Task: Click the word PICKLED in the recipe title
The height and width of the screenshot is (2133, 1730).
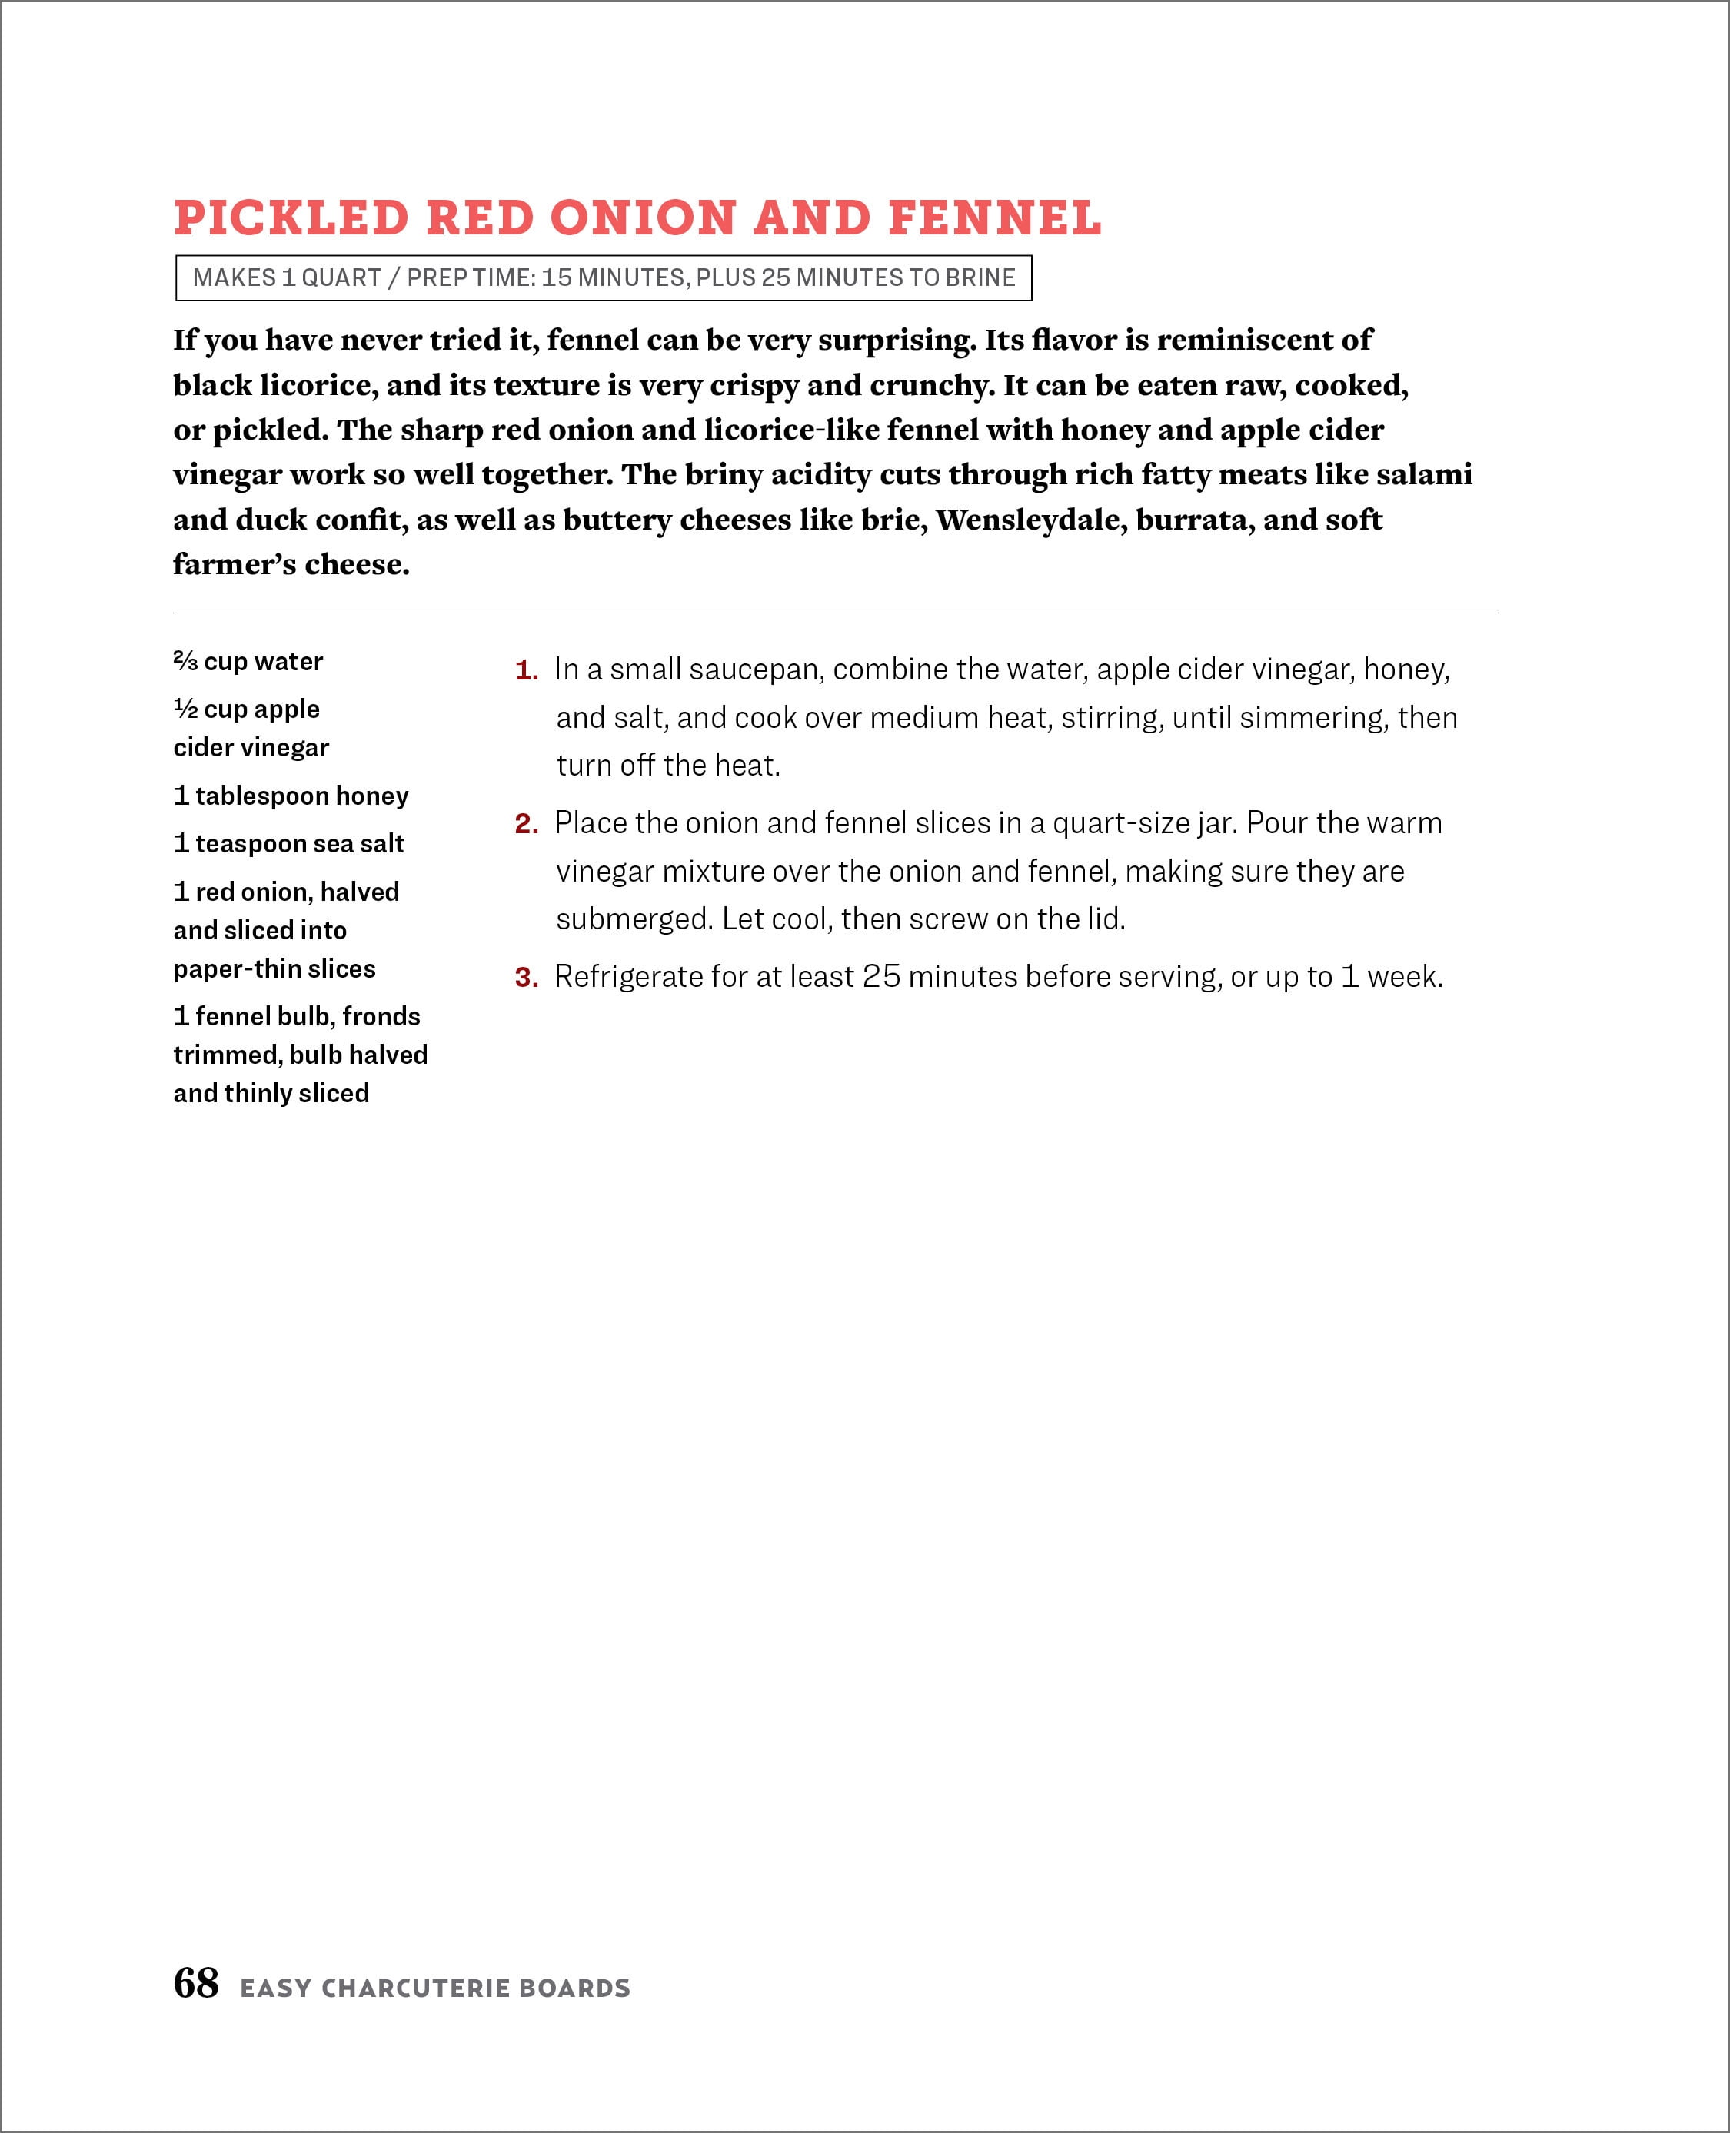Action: pos(291,218)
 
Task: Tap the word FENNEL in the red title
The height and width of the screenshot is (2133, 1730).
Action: pos(994,218)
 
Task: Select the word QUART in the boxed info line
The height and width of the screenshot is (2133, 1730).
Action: pos(341,278)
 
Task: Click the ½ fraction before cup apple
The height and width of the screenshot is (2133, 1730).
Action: pos(185,709)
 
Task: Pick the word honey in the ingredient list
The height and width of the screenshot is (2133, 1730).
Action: pos(373,796)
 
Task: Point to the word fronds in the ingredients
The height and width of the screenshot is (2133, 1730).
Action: pos(381,1016)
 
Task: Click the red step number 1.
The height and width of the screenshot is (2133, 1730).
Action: pos(525,670)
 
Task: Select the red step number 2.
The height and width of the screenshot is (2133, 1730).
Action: pos(525,824)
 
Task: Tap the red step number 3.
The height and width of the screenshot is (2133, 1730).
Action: pos(525,977)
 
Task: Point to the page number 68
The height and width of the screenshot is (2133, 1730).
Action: pos(195,1982)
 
